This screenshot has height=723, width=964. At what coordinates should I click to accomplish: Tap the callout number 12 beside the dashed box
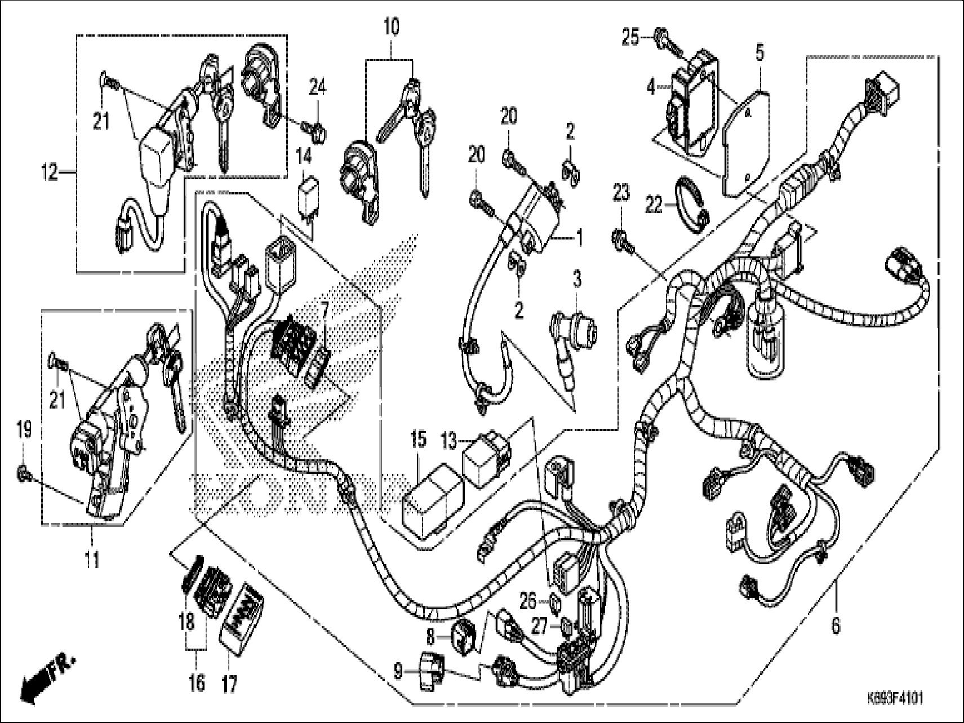pos(51,172)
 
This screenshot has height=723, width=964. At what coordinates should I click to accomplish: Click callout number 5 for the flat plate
pos(759,54)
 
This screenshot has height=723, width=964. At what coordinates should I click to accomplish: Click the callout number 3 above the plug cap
pos(576,279)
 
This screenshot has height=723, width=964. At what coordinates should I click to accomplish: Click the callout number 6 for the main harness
pos(836,625)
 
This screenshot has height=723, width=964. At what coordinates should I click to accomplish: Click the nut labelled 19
pos(22,473)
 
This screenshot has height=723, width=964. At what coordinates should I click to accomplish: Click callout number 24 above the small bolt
pos(317,87)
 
